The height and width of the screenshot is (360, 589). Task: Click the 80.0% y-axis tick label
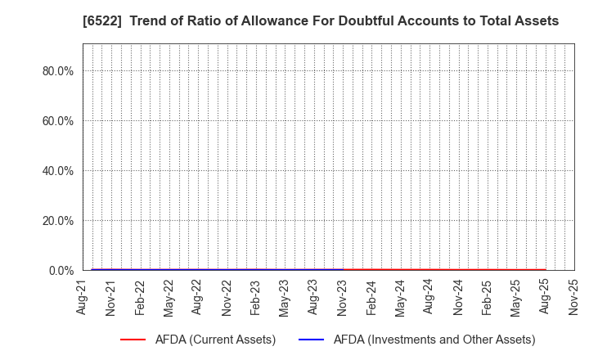point(58,71)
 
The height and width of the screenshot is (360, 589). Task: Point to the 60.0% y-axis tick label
point(58,121)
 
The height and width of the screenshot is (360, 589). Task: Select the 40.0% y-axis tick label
point(58,171)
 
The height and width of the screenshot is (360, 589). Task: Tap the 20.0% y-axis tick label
point(58,221)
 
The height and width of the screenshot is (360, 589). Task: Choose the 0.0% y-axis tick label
point(61,271)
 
